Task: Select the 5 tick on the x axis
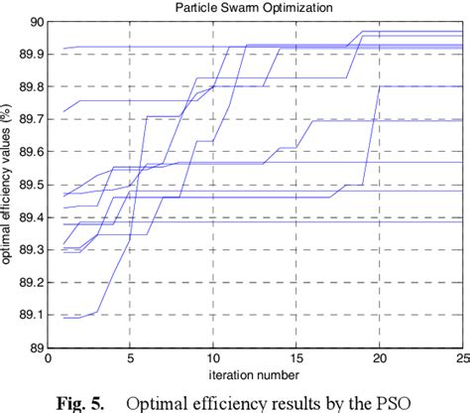tap(131, 360)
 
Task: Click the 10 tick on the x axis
tap(213, 360)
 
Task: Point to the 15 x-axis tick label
tap(296, 360)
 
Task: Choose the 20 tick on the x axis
tap(380, 360)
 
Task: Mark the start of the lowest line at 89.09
tap(64, 318)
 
